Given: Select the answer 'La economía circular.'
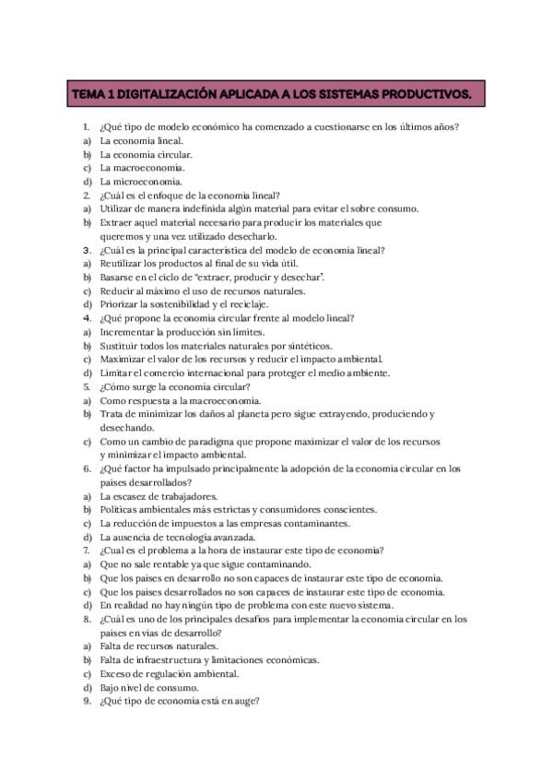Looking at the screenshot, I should pos(146,154).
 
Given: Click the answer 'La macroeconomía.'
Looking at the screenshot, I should pos(142,168).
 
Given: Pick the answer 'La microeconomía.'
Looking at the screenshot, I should pos(141,181).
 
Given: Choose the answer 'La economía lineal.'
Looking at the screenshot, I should pos(141,141).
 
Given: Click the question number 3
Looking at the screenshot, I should pos(86,250).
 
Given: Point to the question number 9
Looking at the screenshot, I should pos(86,700).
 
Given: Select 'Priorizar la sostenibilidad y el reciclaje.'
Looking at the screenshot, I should pos(184,303).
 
